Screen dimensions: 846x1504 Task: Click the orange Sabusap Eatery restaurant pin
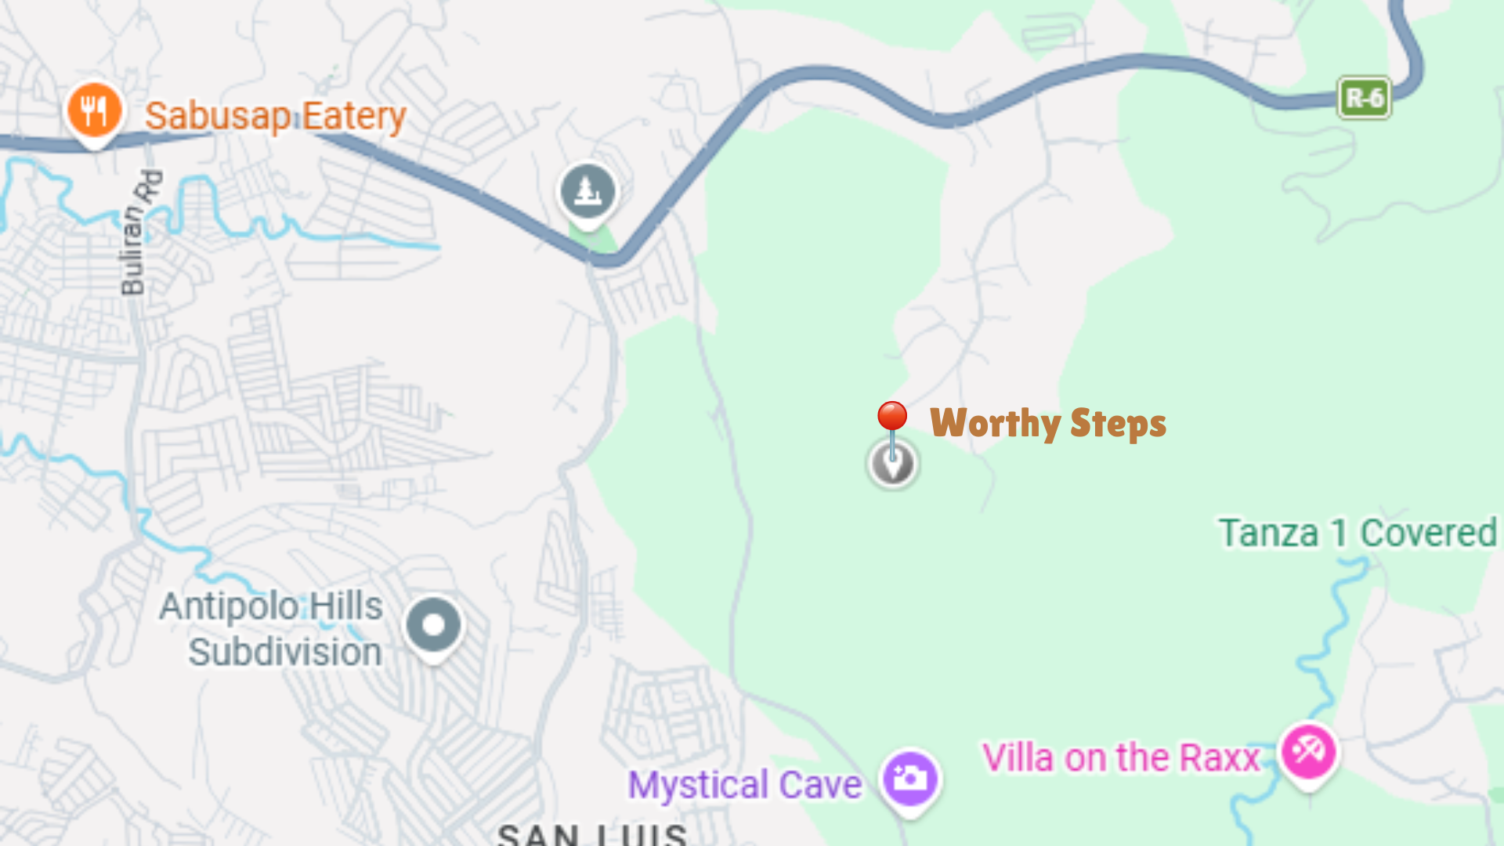tap(94, 111)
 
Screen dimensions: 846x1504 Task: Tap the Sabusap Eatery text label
tap(275, 116)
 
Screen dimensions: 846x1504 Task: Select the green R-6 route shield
tap(1364, 98)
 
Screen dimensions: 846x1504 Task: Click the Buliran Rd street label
tap(140, 233)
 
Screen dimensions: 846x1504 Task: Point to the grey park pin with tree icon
tap(587, 192)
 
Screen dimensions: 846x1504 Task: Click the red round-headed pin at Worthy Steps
tap(891, 418)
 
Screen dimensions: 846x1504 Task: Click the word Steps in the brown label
tap(1118, 424)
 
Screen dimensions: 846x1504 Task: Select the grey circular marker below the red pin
tap(892, 465)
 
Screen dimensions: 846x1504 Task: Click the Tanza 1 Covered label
tap(1358, 533)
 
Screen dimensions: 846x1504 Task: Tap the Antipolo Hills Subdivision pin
tap(433, 626)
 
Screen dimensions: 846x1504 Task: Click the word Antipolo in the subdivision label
tap(228, 606)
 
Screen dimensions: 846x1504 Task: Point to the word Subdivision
tap(284, 652)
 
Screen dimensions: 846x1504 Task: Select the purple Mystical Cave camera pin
tap(909, 779)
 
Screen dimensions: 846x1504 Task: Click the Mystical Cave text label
tap(744, 785)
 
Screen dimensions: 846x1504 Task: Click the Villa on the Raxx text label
tap(1120, 758)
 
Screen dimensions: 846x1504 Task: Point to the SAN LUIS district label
tap(592, 833)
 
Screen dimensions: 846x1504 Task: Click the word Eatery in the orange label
tap(354, 116)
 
